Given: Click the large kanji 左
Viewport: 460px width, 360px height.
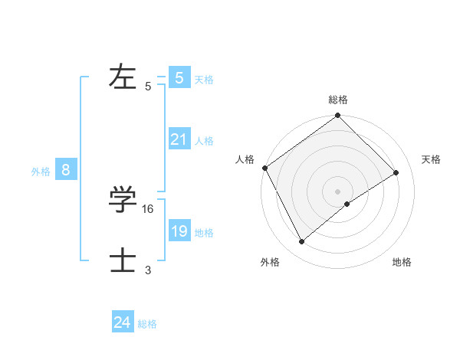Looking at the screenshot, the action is [123, 77].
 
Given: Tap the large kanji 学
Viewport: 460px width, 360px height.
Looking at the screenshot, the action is [123, 199].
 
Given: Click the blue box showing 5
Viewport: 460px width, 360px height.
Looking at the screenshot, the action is [179, 77].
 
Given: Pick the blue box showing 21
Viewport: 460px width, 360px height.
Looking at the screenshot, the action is [179, 139].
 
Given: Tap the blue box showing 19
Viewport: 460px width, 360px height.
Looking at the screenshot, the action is [179, 231].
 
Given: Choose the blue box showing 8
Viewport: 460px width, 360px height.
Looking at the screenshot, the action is [66, 170].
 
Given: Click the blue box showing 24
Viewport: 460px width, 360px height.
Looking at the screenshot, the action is [122, 322].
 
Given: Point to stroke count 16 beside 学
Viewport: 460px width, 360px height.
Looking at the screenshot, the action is [149, 208].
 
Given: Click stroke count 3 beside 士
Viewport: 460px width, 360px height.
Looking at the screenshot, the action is [148, 270].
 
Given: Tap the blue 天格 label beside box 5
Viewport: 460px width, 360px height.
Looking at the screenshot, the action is [204, 80].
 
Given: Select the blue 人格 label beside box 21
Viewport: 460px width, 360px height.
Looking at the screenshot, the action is [204, 141].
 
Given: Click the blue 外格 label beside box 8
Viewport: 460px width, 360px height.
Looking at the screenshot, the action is [41, 172].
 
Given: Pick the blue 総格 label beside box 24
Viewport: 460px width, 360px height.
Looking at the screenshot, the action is [147, 325].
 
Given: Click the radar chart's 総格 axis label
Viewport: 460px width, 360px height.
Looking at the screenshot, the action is [338, 100].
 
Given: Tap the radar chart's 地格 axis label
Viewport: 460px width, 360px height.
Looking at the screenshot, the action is [402, 263].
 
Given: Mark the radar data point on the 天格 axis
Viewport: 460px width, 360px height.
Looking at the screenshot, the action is [396, 172].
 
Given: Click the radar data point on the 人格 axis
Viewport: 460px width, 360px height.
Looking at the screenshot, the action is [264, 168].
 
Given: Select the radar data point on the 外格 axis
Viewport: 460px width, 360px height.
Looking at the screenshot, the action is [302, 242].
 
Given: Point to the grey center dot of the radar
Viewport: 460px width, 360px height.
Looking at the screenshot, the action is [338, 191].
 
